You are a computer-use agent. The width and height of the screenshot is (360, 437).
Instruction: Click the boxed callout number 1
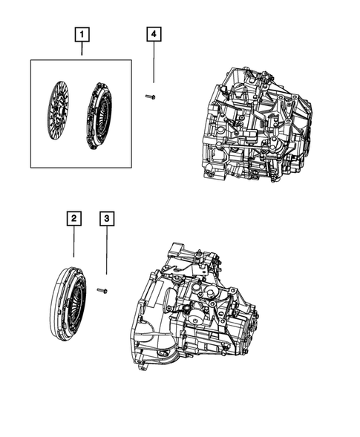click(82, 33)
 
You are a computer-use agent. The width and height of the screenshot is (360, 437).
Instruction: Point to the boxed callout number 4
click(154, 33)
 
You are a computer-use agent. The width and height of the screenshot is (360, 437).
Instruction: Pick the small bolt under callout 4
click(151, 96)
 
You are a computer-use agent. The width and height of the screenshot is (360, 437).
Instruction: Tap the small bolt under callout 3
click(103, 290)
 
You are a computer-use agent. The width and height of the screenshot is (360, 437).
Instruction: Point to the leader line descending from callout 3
click(107, 252)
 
